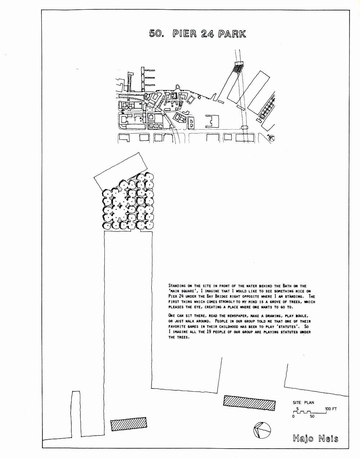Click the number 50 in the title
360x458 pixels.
tap(157, 33)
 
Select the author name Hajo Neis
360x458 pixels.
tap(315, 439)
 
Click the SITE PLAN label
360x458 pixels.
tap(303, 403)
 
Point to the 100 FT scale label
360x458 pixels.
tap(331, 409)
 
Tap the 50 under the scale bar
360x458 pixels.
tap(312, 416)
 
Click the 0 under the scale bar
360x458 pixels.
tap(294, 416)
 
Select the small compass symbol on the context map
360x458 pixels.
tap(271, 138)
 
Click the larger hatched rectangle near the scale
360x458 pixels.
tap(249, 403)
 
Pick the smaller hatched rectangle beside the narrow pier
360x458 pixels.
tap(129, 424)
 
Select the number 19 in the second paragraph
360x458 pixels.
tap(209, 332)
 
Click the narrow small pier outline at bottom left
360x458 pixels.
tap(76, 413)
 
